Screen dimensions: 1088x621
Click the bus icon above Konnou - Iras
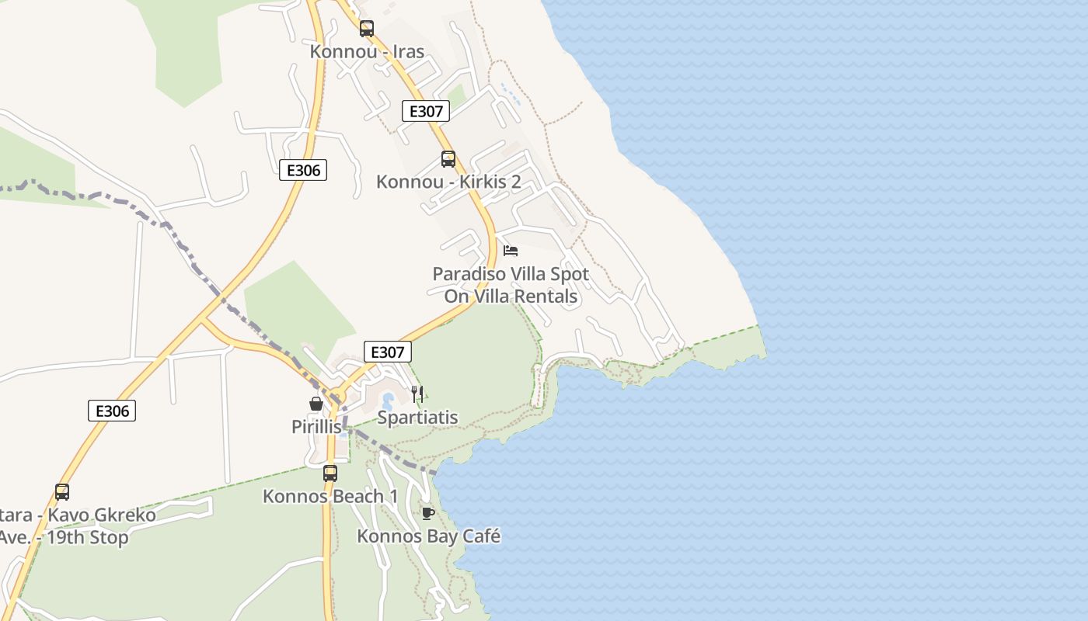coord(367,29)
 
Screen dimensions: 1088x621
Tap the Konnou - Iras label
coord(367,52)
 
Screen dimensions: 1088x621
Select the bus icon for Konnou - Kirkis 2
coord(448,159)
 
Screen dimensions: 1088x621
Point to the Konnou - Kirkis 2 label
coord(448,182)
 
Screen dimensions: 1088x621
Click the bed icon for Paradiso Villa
coord(511,251)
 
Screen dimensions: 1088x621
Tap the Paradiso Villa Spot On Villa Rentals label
coord(511,285)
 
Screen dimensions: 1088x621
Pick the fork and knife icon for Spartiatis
coord(417,394)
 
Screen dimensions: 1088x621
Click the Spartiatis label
coord(417,418)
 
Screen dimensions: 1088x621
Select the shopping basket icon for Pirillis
coord(316,404)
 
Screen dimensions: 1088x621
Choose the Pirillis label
coord(316,427)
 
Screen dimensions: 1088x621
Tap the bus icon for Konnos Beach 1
coord(330,473)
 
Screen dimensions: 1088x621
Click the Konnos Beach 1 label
coord(330,496)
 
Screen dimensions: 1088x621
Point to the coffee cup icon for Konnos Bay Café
coord(427,513)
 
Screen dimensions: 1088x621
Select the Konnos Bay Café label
coord(428,536)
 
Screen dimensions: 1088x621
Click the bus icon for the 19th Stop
coord(62,491)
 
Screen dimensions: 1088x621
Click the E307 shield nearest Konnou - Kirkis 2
coord(426,111)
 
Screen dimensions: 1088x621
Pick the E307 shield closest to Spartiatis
coord(387,352)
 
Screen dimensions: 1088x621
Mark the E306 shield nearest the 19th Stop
coord(112,411)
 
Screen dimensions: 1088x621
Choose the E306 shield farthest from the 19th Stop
coord(303,170)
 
